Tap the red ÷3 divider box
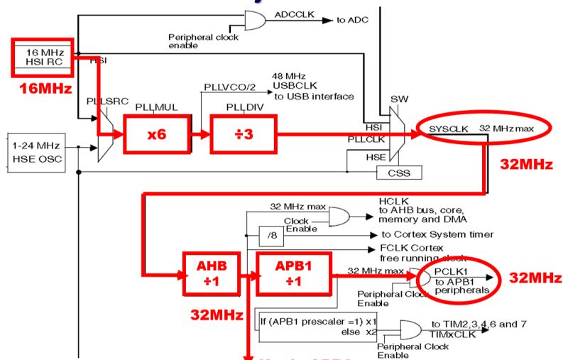tap(240, 133)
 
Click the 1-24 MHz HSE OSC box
tap(35, 151)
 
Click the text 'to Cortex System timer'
tap(437, 234)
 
